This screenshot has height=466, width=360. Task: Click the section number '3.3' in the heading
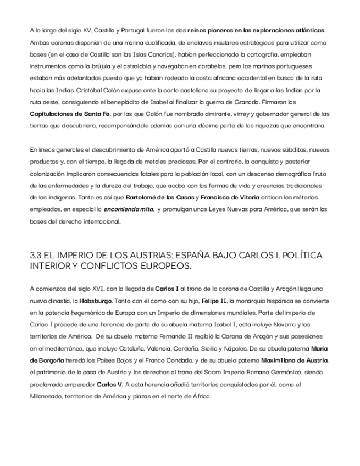tap(37, 256)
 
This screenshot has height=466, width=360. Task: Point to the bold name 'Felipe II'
tap(212, 301)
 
